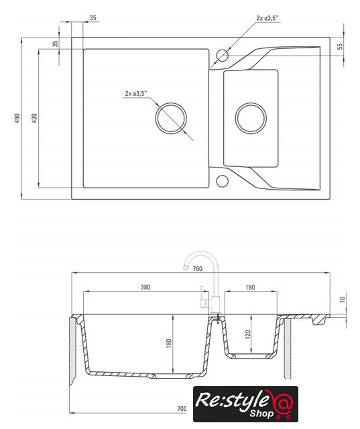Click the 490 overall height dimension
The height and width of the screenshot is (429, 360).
17,118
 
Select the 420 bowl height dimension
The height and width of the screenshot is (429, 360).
34,118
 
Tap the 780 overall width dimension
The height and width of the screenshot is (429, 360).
198,269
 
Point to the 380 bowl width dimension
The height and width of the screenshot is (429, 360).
145,288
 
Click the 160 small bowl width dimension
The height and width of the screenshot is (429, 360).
250,288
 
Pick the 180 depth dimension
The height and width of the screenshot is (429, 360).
169,343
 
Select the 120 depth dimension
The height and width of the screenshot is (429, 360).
248,334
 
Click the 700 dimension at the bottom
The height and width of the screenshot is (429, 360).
182,409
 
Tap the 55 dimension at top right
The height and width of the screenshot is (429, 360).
340,46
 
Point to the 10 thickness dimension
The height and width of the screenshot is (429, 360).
343,300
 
